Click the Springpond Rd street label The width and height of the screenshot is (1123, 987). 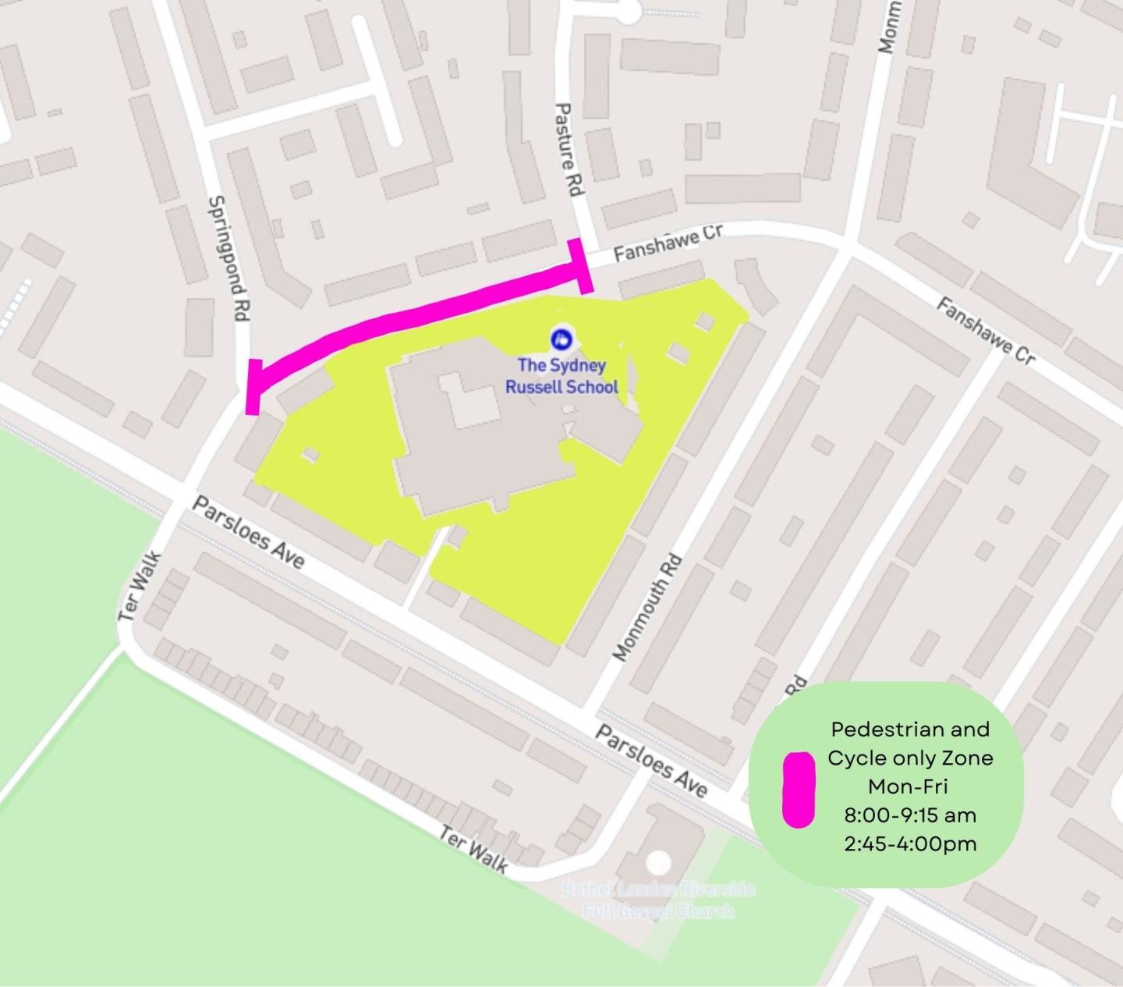(228, 258)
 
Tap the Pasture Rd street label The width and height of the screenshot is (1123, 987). (568, 150)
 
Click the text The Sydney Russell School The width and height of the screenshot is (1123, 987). (561, 375)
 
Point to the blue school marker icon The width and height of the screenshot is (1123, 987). (561, 339)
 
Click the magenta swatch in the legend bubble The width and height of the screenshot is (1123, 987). (799, 789)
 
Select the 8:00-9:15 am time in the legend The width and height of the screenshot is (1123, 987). (909, 815)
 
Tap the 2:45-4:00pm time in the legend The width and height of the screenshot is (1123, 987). (909, 843)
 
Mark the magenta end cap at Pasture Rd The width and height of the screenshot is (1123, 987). (583, 266)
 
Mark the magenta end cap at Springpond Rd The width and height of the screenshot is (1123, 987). (252, 387)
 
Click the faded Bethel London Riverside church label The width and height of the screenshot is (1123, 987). (659, 900)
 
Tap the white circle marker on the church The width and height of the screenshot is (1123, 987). (659, 861)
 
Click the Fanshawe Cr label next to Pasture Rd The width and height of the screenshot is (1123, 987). (668, 243)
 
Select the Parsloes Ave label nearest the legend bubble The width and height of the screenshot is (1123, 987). (651, 761)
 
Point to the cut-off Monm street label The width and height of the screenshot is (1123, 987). (888, 28)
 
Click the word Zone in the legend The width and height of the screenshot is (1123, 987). (968, 758)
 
